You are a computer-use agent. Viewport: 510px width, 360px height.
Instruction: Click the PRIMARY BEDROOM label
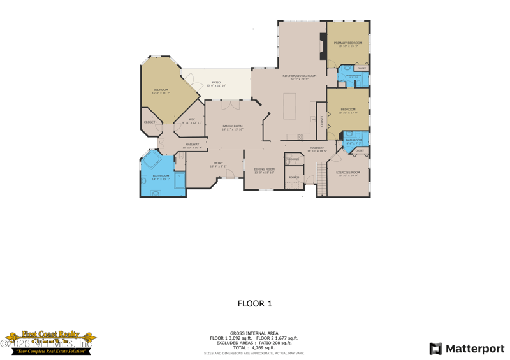tap(347, 44)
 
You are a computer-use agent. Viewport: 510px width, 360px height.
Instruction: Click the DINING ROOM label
tap(264, 170)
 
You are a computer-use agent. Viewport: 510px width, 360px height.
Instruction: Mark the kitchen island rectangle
tap(289, 105)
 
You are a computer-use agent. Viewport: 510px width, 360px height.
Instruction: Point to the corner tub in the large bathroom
tap(152, 160)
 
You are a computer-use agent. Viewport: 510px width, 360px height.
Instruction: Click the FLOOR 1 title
tap(254, 303)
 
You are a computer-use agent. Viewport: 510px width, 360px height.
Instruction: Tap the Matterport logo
tap(467, 349)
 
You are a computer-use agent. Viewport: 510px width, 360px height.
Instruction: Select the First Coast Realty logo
tap(50, 342)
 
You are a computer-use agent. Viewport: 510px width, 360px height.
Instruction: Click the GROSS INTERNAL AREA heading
tap(254, 333)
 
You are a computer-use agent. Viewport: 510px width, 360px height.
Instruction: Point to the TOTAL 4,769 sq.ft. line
tap(254, 347)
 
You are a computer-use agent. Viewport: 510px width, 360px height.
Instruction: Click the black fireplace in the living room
tap(323, 47)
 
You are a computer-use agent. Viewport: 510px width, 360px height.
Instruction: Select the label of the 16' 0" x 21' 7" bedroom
tap(161, 91)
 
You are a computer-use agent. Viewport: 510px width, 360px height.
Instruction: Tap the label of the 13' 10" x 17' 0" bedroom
tap(348, 111)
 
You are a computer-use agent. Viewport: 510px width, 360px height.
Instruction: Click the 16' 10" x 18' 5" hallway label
tap(317, 149)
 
